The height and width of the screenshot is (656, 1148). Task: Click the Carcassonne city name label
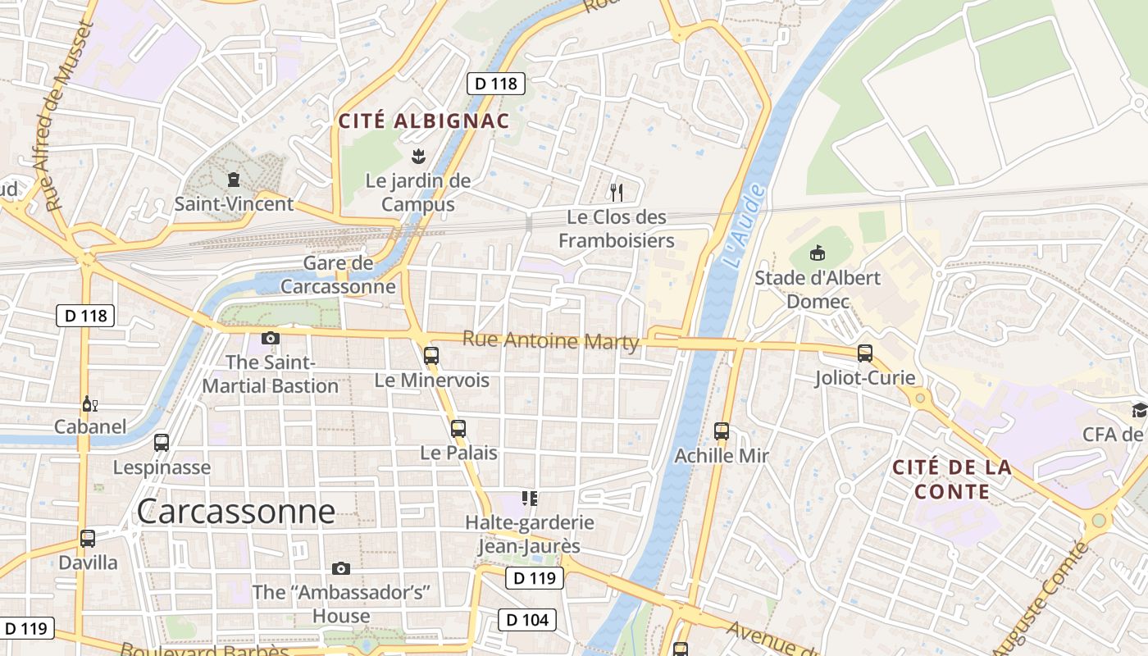click(x=236, y=511)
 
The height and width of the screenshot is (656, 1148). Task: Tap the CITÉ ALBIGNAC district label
click(x=424, y=121)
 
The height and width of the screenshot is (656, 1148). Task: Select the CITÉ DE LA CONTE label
click(x=951, y=480)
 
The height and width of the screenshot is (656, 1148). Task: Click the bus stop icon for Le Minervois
click(x=431, y=356)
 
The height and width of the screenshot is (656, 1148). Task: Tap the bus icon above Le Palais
click(x=458, y=428)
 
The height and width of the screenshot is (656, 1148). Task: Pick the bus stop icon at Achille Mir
click(x=722, y=430)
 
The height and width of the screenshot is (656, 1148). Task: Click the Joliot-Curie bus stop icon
click(x=865, y=353)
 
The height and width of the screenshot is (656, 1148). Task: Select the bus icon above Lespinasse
click(x=162, y=443)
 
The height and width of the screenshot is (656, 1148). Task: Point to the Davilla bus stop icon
click(x=88, y=539)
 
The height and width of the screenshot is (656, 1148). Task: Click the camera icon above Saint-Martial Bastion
click(x=271, y=338)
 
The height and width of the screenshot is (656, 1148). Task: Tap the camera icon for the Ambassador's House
click(x=341, y=568)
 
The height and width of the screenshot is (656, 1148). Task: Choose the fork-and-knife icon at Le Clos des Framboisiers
click(x=617, y=193)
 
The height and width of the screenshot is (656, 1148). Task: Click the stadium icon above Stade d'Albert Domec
click(x=817, y=253)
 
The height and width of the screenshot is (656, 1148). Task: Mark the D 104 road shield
click(x=528, y=619)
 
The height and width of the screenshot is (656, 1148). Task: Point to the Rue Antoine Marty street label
click(x=550, y=340)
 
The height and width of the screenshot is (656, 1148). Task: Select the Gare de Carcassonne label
click(x=338, y=276)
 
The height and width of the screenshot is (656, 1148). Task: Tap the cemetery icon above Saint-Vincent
click(x=234, y=179)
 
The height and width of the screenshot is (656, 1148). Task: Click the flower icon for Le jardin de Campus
click(x=418, y=155)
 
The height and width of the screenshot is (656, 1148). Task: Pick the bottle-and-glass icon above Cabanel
click(x=90, y=403)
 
